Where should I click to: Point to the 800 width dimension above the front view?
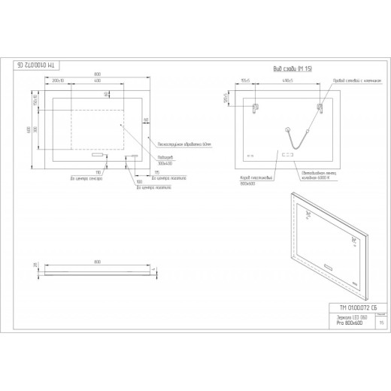(x=98, y=73)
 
